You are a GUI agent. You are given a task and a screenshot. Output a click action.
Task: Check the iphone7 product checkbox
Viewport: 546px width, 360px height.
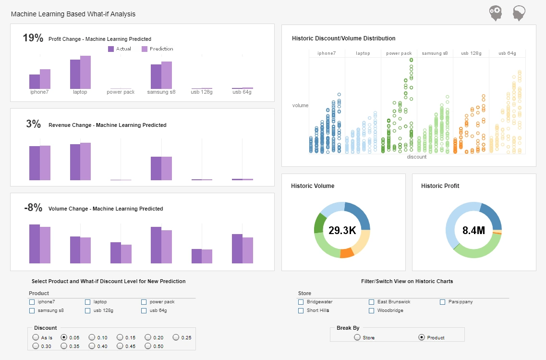(x=32, y=302)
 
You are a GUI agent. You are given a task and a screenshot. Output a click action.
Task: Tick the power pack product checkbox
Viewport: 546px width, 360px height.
(x=144, y=302)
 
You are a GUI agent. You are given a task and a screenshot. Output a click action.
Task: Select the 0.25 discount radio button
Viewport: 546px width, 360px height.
(x=176, y=337)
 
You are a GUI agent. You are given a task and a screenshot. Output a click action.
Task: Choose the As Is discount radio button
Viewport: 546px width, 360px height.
(x=36, y=337)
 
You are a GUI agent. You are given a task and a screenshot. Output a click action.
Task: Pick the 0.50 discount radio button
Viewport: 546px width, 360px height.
(x=148, y=346)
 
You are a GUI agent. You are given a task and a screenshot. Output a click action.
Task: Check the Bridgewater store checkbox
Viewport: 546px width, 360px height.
(x=301, y=302)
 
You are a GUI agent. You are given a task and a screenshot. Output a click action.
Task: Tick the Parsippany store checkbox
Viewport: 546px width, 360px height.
(x=443, y=302)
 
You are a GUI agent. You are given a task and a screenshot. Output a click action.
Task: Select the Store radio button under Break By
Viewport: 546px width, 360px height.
(x=357, y=337)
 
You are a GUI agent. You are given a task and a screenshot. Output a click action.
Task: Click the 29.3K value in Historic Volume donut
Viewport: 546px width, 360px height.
(x=342, y=231)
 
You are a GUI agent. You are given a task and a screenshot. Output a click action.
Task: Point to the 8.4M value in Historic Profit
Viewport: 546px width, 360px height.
(x=473, y=231)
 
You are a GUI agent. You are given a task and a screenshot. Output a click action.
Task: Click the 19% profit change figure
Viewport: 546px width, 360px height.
(x=33, y=38)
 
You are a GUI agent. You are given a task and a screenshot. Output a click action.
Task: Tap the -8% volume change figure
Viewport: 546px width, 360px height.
(x=33, y=208)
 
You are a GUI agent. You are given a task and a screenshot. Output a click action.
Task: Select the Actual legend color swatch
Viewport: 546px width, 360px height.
(x=111, y=49)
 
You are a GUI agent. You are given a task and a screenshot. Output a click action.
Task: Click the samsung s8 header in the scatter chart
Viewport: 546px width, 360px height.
(x=435, y=53)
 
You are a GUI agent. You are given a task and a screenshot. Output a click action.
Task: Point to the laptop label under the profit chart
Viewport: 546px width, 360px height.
(x=80, y=92)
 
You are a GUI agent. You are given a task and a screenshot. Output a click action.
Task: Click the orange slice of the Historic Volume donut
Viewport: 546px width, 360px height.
(x=347, y=253)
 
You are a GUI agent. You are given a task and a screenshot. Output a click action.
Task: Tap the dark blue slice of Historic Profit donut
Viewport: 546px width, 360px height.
(x=492, y=217)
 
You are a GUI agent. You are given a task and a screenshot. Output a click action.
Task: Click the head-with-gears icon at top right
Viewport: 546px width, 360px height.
(x=496, y=13)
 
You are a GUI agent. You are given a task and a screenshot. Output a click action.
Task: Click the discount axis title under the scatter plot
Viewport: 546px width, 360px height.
(x=416, y=157)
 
